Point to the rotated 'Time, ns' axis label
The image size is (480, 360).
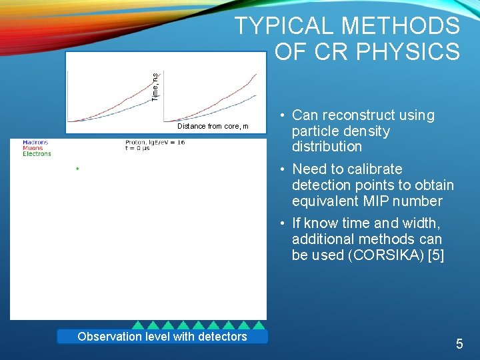tap(155, 87)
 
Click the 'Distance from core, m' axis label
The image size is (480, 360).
tap(213, 126)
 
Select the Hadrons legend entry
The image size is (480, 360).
tap(35, 142)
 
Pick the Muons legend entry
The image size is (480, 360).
tap(33, 148)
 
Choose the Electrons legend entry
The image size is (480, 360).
tap(37, 154)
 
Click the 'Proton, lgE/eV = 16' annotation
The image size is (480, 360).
tap(155, 142)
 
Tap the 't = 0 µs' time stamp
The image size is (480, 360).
tap(140, 149)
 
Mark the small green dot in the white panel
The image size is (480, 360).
tap(77, 169)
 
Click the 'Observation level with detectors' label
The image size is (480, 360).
tap(162, 337)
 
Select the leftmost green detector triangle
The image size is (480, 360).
tap(137, 325)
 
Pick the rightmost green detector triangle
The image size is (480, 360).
tap(258, 325)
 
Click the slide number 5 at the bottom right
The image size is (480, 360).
tap(459, 344)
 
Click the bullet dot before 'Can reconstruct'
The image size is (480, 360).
tap(283, 115)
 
